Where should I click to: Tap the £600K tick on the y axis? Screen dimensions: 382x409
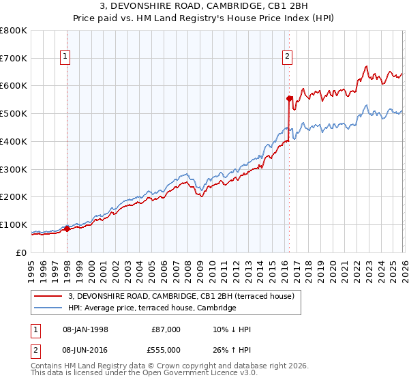[14, 86]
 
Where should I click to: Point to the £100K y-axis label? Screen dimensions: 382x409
[14, 224]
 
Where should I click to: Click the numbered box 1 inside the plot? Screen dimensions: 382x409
[66, 57]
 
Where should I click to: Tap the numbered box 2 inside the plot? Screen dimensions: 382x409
[288, 57]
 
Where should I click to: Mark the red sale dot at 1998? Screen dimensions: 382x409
[67, 229]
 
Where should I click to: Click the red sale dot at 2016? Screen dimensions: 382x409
[289, 98]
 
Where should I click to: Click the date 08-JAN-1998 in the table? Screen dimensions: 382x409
[85, 329]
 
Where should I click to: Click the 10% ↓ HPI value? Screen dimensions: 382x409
[231, 329]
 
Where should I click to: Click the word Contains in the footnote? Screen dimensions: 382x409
[47, 366]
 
